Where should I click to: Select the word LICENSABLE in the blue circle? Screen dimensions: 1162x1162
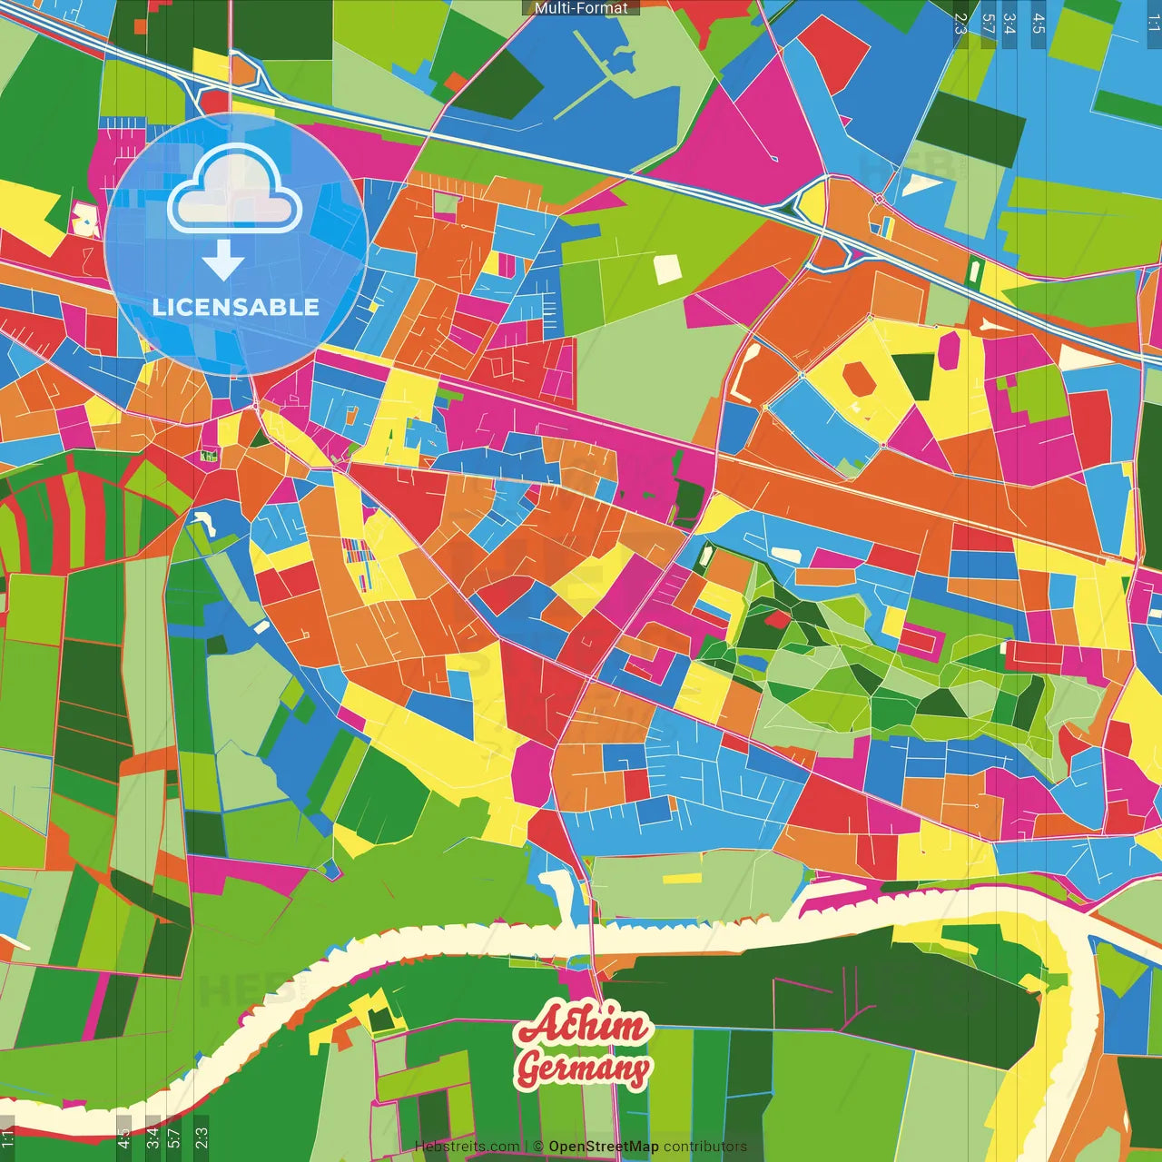(235, 307)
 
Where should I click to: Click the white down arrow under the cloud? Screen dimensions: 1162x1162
(223, 261)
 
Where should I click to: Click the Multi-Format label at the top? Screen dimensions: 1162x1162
(581, 8)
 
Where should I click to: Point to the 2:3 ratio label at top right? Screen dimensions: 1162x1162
(960, 24)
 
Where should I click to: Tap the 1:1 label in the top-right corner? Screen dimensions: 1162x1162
(1153, 24)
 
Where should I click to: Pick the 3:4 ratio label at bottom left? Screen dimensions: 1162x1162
(153, 1135)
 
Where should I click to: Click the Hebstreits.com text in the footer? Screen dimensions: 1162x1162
(467, 1147)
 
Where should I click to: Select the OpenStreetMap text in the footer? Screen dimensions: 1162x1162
(604, 1147)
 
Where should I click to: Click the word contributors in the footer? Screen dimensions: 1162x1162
(705, 1147)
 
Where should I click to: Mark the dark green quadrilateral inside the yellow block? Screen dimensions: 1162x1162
(915, 370)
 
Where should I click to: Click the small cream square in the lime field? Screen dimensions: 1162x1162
(667, 268)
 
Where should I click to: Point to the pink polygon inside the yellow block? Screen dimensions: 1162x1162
(950, 350)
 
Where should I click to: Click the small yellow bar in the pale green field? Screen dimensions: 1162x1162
(682, 879)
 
